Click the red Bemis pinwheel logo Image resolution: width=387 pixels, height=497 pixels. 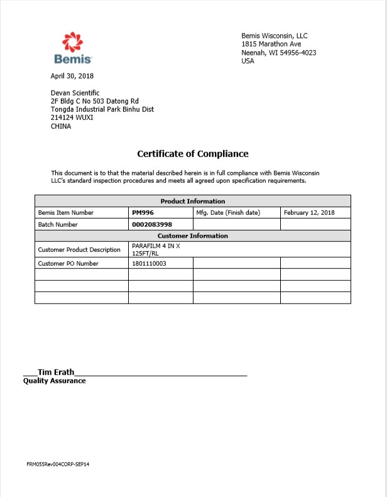coord(72,42)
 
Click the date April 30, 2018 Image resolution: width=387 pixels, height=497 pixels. coord(72,76)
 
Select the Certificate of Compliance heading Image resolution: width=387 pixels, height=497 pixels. coord(193,154)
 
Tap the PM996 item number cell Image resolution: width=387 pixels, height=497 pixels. coord(143,213)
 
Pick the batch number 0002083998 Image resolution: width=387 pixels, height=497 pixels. coord(152,224)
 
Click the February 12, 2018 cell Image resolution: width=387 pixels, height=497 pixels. coord(309,213)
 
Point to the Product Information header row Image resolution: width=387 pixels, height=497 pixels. coord(192,201)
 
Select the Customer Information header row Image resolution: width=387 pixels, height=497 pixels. coord(192,236)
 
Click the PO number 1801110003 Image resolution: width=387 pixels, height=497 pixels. coord(149,264)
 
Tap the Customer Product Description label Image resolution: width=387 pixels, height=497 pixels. coord(79,250)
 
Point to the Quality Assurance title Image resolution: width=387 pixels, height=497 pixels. coord(54,381)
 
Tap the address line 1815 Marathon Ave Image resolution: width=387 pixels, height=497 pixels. coord(271,45)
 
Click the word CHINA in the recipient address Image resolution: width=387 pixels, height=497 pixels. coord(61,126)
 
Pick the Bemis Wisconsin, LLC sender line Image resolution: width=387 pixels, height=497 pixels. coord(275,36)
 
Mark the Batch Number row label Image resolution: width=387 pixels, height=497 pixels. coord(58,224)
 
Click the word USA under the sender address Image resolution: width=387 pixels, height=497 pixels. coord(248,61)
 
